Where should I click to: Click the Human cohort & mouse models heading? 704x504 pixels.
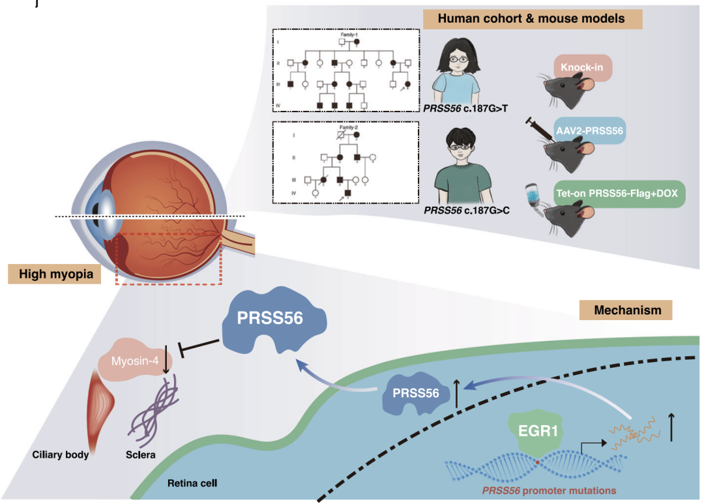coord(531,19)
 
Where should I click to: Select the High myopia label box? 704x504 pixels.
coord(55,274)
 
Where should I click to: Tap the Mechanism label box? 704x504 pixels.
coord(626,311)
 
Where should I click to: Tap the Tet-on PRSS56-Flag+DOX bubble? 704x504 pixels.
coord(619,194)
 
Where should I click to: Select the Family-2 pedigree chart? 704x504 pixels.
coord(344,164)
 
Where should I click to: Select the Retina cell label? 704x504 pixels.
coord(192,484)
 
